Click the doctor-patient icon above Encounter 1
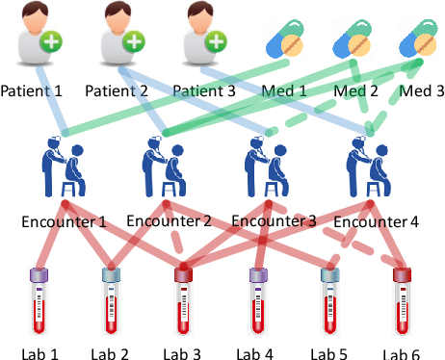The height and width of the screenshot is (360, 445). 63,169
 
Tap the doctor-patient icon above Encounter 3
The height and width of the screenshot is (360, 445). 263,169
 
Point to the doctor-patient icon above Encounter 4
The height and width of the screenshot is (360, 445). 367,169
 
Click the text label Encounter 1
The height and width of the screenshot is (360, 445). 64,220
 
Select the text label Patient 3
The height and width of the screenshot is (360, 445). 205,91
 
